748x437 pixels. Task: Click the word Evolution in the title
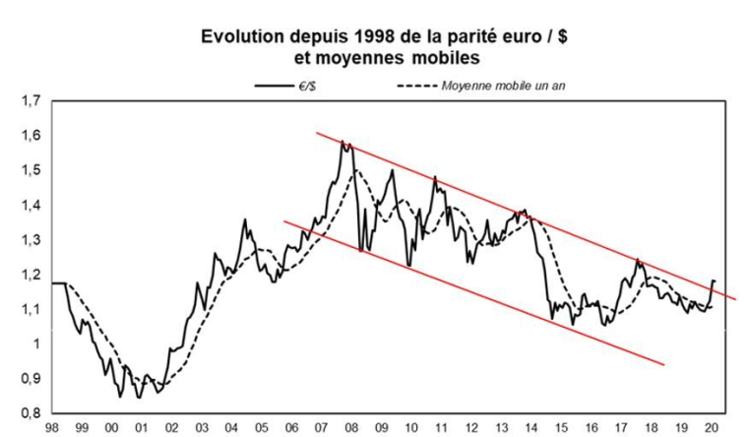pyautogui.click(x=244, y=36)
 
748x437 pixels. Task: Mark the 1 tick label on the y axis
pyautogui.click(x=37, y=343)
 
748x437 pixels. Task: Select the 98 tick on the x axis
pyautogui.click(x=53, y=428)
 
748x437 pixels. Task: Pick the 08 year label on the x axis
pyautogui.click(x=351, y=428)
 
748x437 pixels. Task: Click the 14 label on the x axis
pyautogui.click(x=531, y=428)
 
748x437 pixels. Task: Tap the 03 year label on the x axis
pyautogui.click(x=202, y=428)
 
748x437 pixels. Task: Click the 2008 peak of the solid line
pyautogui.click(x=343, y=142)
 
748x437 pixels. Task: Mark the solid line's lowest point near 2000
pyautogui.click(x=120, y=397)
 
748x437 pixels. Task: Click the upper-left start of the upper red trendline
pyautogui.click(x=316, y=132)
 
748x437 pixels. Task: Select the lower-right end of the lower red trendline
pyautogui.click(x=665, y=365)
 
